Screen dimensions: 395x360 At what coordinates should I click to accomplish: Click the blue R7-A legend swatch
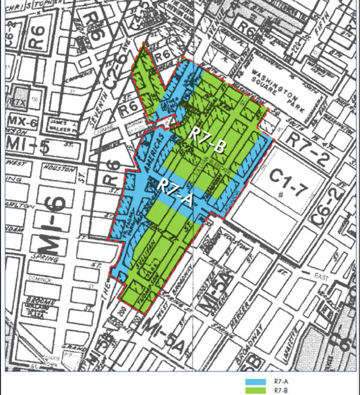point(258,381)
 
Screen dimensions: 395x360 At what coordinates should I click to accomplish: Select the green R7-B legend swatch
point(258,390)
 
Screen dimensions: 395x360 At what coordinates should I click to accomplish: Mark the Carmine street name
point(121,128)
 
